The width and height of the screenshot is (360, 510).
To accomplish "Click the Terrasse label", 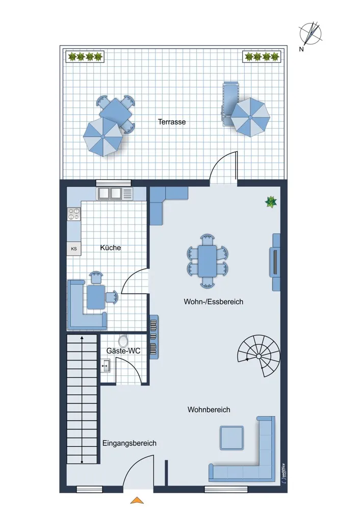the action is [x=172, y=122].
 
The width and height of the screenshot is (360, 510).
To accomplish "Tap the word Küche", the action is [x=110, y=248].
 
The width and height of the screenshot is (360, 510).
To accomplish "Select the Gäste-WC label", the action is [x=123, y=351].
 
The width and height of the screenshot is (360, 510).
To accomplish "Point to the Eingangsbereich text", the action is [x=129, y=443].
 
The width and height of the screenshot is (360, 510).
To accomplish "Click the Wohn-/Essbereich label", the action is [x=213, y=301].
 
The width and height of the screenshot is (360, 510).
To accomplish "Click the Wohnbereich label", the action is [x=209, y=410].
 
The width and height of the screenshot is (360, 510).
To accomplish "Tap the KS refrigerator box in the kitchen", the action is [x=74, y=249].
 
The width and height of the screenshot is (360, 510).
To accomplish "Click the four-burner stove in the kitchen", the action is [x=73, y=214].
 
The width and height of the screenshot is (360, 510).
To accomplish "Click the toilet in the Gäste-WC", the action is [x=123, y=341].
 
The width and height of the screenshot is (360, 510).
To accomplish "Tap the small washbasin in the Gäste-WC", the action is [x=106, y=366].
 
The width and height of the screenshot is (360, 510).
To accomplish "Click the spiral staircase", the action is [x=259, y=356].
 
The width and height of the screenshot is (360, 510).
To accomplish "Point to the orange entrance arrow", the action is [x=137, y=500].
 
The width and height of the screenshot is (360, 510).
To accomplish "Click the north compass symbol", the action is [x=311, y=34].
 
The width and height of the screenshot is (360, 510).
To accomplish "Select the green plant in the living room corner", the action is [x=271, y=202].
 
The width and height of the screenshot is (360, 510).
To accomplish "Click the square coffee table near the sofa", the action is [x=232, y=438].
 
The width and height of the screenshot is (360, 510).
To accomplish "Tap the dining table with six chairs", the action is [x=208, y=261].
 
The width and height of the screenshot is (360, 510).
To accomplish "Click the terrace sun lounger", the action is [x=230, y=104].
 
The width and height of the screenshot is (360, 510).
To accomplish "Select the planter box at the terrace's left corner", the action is [x=85, y=57].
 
